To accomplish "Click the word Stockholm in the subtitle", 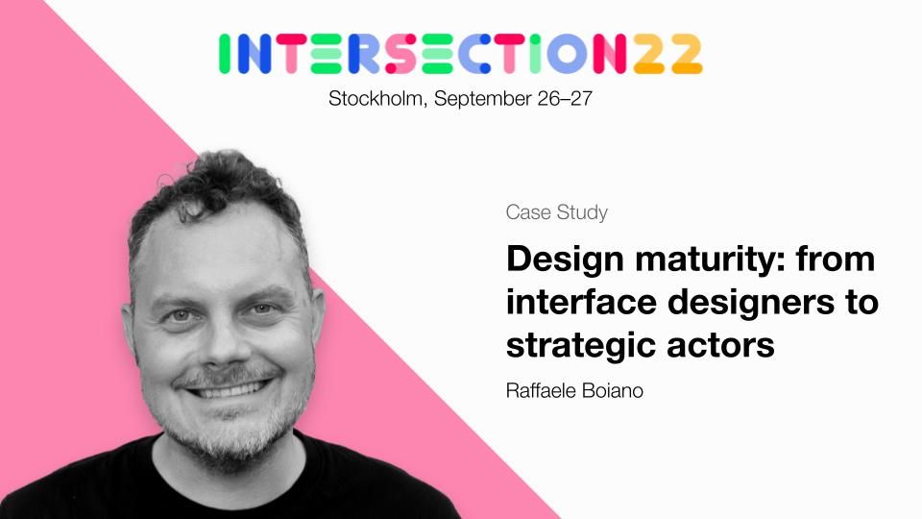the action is [x=376, y=98].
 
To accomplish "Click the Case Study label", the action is [x=556, y=212].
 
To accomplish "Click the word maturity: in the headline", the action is [x=710, y=259].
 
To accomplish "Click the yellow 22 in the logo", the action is [x=668, y=54].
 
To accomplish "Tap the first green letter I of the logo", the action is [x=224, y=54].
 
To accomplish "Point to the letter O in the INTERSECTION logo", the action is [x=567, y=54].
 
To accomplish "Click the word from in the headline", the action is [x=836, y=259].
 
